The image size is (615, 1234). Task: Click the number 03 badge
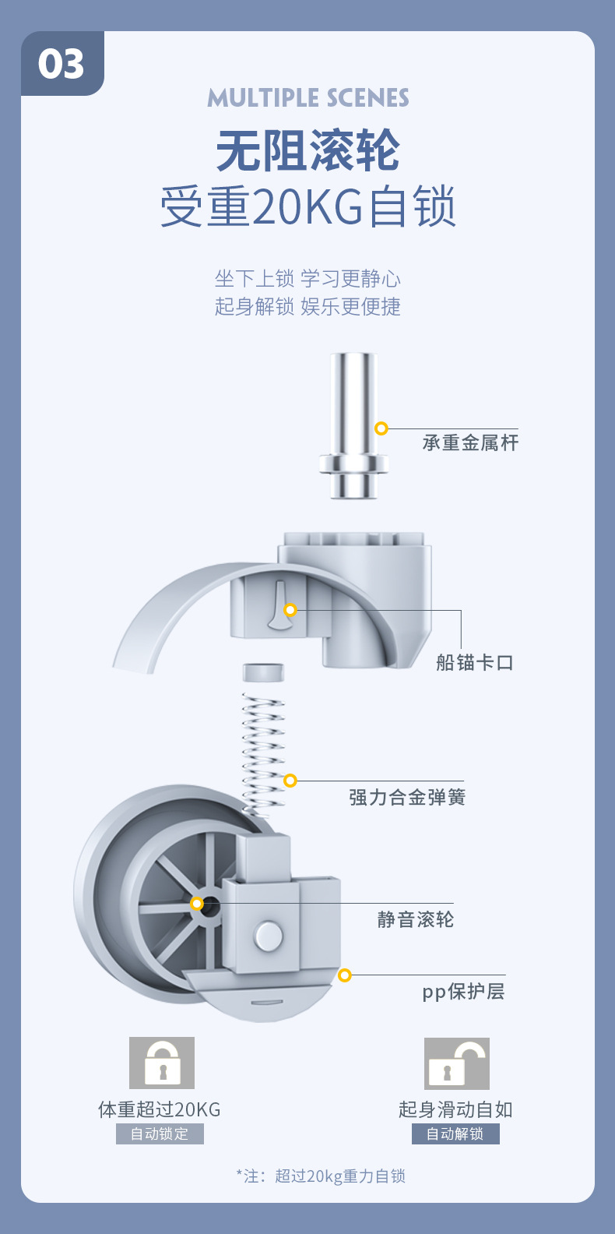coord(61,64)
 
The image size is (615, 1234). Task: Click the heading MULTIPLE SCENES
coord(308,98)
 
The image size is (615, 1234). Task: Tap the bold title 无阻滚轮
coord(308,150)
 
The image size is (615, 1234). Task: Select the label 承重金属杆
coord(470,443)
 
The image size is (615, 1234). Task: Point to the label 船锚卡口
coord(475,663)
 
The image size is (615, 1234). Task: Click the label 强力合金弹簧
coord(406,797)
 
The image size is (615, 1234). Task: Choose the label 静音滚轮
coord(415,920)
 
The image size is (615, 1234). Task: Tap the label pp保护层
coord(463,992)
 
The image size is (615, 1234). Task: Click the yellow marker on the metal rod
coord(381,428)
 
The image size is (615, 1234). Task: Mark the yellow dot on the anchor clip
coord(290,610)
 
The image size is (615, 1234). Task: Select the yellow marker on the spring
coord(290,781)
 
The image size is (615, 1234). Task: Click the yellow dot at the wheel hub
coord(197,904)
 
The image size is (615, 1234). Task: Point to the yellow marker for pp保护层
coord(345,975)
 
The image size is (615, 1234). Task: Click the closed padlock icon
coord(162,1063)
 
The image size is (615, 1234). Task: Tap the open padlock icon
coord(456,1063)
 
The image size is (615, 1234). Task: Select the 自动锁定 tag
coord(160,1134)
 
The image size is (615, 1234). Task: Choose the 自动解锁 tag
coord(455,1134)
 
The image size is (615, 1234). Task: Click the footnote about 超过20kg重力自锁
coord(321,1176)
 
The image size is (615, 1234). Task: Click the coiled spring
coord(262,752)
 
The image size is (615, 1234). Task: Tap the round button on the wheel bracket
coord(269,936)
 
